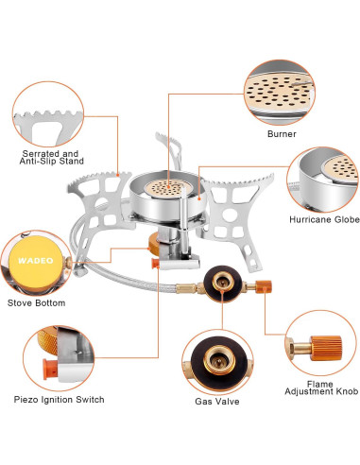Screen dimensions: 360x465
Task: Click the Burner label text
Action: click(282, 134)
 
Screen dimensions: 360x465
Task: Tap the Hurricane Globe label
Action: click(324, 219)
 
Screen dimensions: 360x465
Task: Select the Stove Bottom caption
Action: click(37, 303)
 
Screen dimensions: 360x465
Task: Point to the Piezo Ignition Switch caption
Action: click(59, 400)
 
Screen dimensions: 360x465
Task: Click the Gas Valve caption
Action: click(217, 402)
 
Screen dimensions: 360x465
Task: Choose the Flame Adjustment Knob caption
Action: click(321, 387)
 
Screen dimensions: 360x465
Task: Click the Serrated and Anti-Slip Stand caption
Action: click(52, 158)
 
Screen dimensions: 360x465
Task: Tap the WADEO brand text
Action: click(36, 261)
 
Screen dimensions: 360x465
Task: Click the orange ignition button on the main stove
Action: click(156, 264)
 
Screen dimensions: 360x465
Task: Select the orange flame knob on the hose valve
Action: click(264, 286)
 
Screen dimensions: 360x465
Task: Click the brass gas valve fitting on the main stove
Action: click(223, 282)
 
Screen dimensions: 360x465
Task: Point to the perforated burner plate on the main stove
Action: click(168, 188)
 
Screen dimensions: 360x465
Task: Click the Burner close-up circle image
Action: click(280, 93)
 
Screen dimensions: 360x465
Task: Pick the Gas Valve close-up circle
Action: click(217, 362)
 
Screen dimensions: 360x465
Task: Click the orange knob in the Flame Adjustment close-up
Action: click(326, 348)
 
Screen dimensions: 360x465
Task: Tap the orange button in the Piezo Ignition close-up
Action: click(49, 369)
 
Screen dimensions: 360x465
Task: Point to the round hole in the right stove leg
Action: click(230, 215)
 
